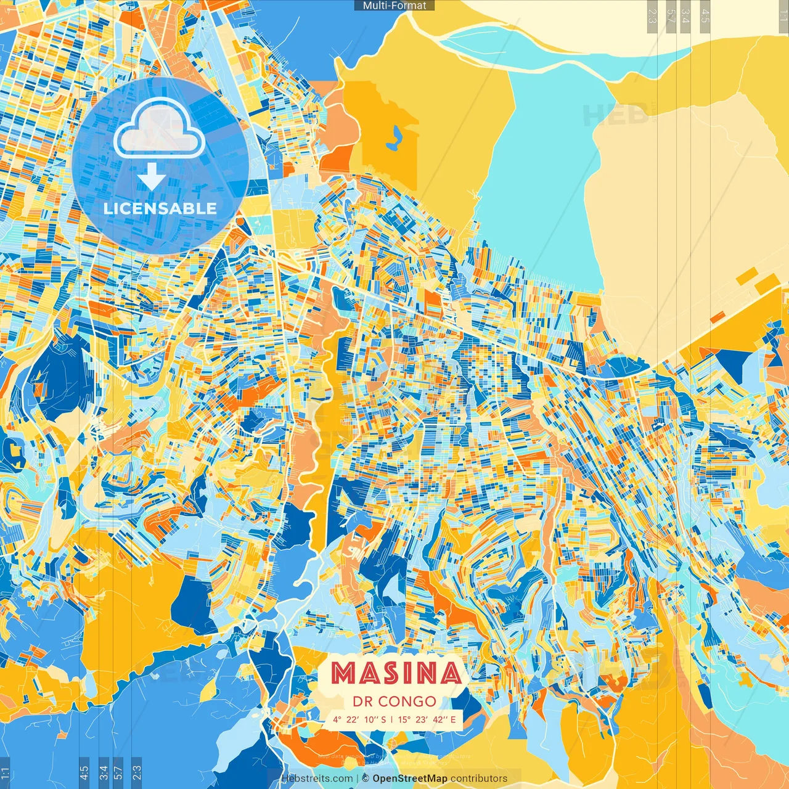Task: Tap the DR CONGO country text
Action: (394, 701)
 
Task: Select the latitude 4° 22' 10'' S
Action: (359, 719)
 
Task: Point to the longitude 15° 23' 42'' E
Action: (427, 719)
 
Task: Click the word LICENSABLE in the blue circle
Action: (160, 208)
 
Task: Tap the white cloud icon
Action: (159, 128)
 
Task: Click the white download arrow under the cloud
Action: (151, 176)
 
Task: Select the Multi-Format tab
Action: (394, 6)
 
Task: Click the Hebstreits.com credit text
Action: (317, 779)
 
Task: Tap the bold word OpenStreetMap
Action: (409, 779)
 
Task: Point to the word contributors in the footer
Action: (479, 779)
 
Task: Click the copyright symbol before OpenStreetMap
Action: (365, 779)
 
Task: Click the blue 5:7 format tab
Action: (118, 771)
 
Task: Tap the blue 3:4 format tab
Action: (104, 771)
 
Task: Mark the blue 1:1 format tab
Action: (6, 772)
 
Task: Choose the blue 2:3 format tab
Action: (136, 771)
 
